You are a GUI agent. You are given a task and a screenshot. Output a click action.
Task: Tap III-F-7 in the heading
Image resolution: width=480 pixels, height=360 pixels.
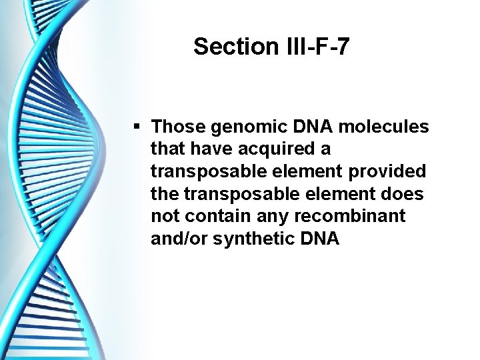pyautogui.click(x=317, y=47)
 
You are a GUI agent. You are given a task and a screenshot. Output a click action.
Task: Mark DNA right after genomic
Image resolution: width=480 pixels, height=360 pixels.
pyautogui.click(x=297, y=126)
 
